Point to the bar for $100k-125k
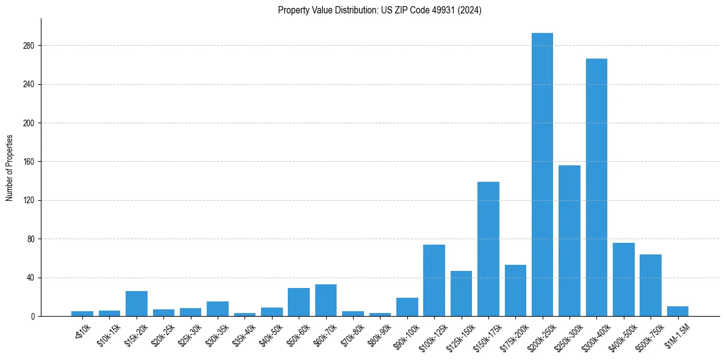coord(434,281)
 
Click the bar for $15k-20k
coord(137,304)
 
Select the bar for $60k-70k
coord(326,300)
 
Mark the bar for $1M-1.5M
coord(677,311)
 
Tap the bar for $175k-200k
coord(515,290)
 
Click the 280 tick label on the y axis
coord(29,46)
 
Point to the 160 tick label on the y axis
coord(29,162)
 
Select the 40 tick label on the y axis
coord(30,278)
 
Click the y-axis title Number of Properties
coord(10,168)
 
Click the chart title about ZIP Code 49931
coord(379,10)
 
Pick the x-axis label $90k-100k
coord(405,336)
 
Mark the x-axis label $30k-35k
coord(216,334)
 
